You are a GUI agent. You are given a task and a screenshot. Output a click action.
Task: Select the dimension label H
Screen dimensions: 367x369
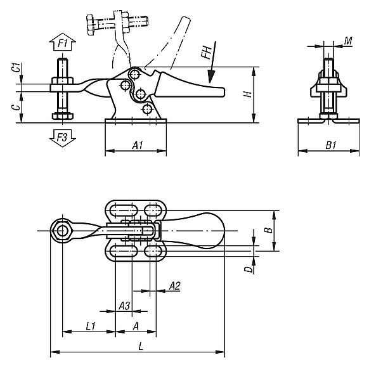click(x=249, y=93)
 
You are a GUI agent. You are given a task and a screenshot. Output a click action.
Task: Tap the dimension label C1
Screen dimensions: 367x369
click(x=15, y=71)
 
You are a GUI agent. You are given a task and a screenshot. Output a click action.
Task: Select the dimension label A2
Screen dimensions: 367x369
click(x=174, y=287)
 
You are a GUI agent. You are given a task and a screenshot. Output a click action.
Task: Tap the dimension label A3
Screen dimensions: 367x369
click(x=125, y=306)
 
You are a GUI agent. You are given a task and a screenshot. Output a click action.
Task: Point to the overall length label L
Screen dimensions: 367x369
click(x=139, y=345)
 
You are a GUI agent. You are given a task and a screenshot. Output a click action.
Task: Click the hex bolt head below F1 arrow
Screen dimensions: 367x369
click(x=61, y=117)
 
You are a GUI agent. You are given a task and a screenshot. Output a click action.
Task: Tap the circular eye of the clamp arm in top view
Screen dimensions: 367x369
click(x=62, y=231)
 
